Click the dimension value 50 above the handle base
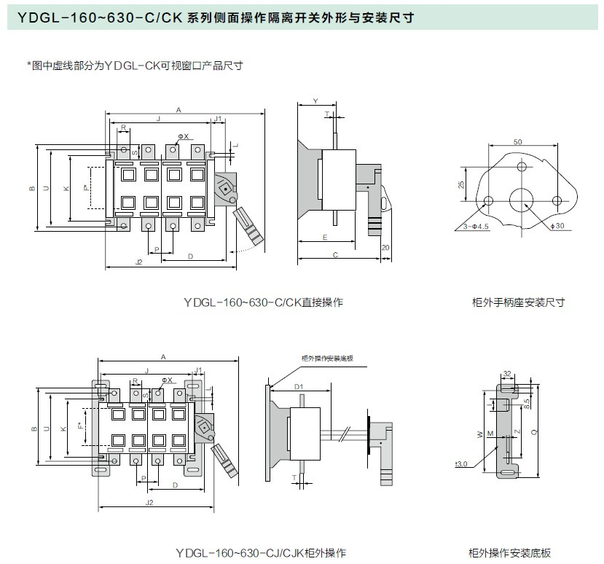coord(517,141)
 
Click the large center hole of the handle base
coord(522,200)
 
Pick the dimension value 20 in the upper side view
coord(385,248)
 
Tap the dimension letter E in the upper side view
coord(324,238)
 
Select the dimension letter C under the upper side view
coord(335,255)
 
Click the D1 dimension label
coord(298,386)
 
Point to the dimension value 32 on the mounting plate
coord(506,373)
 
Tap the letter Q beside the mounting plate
coord(536,431)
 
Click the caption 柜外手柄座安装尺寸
coord(518,302)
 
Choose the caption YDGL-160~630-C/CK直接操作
coord(263,302)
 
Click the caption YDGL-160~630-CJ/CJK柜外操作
coord(260,552)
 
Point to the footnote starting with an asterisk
coord(135,66)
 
